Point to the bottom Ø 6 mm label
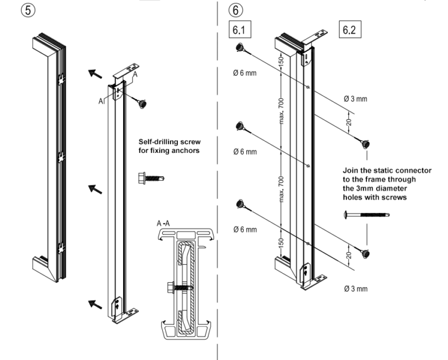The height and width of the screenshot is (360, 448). (x=245, y=229)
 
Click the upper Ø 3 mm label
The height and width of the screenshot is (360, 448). (x=355, y=99)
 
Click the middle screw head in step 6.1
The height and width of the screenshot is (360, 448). (x=240, y=126)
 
